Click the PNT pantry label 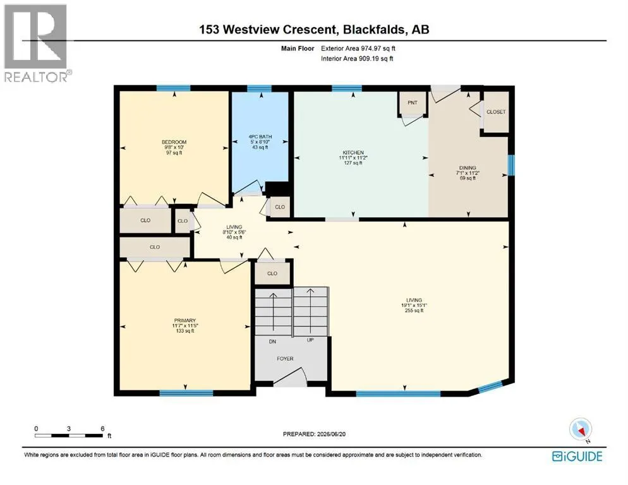[x=412, y=102]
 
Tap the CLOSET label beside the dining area [x=496, y=112]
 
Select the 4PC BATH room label [x=260, y=136]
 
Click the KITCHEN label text [x=353, y=153]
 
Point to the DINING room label [x=468, y=168]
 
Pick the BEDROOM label [x=174, y=142]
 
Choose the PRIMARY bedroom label [x=184, y=320]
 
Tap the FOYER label [x=285, y=359]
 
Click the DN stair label [x=272, y=342]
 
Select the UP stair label [x=310, y=340]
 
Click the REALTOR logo [x=36, y=43]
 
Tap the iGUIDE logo [x=577, y=457]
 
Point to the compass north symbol [x=581, y=430]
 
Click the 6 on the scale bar [x=102, y=429]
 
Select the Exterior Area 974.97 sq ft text [x=358, y=49]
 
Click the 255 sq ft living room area [x=414, y=310]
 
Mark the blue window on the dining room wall [x=511, y=165]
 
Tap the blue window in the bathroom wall [x=259, y=88]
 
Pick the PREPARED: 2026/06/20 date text [x=314, y=434]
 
